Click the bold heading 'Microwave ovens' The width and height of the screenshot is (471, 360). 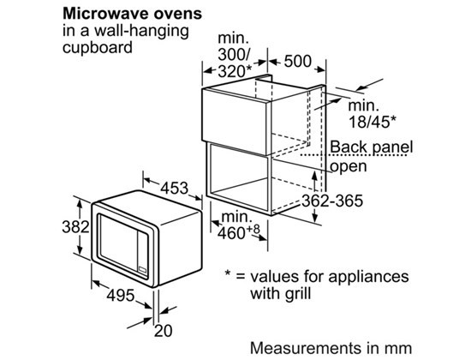tap(132, 14)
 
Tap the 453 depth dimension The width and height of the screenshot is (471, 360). tap(174, 189)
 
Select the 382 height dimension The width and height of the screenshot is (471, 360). tap(75, 226)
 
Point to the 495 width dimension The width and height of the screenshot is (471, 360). tap(121, 295)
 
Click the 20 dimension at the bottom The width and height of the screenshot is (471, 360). tap(163, 331)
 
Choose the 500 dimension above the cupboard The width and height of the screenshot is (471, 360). tap(298, 62)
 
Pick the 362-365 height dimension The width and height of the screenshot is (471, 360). tap(332, 201)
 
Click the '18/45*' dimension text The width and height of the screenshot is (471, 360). tap(373, 122)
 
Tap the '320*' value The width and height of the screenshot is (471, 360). tap(235, 71)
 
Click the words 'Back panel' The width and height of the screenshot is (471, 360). tap(372, 147)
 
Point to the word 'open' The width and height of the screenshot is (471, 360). tap(349, 166)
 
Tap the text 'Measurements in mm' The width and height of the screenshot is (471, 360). tap(331, 348)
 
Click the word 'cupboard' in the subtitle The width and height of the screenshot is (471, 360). tap(98, 48)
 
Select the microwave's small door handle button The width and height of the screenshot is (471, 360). tap(142, 270)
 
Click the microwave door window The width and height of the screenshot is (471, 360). tap(119, 240)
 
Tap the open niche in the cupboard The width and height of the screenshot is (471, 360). tap(239, 175)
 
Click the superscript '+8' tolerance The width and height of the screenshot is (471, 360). tap(253, 230)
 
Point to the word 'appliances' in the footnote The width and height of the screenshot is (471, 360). tap(368, 277)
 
